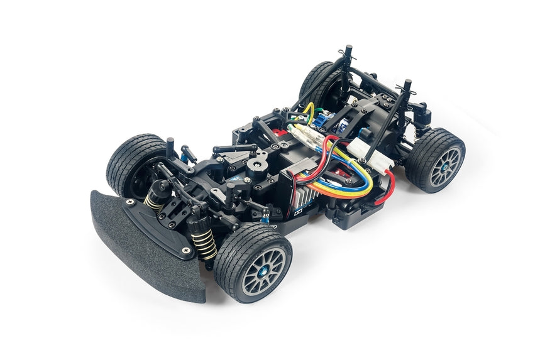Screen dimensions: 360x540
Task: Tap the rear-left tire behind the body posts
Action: point(314,80)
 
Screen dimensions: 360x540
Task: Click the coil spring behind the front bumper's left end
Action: point(155,200)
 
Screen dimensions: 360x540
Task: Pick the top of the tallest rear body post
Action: point(348,49)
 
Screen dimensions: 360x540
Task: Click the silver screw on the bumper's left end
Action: point(129,202)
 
